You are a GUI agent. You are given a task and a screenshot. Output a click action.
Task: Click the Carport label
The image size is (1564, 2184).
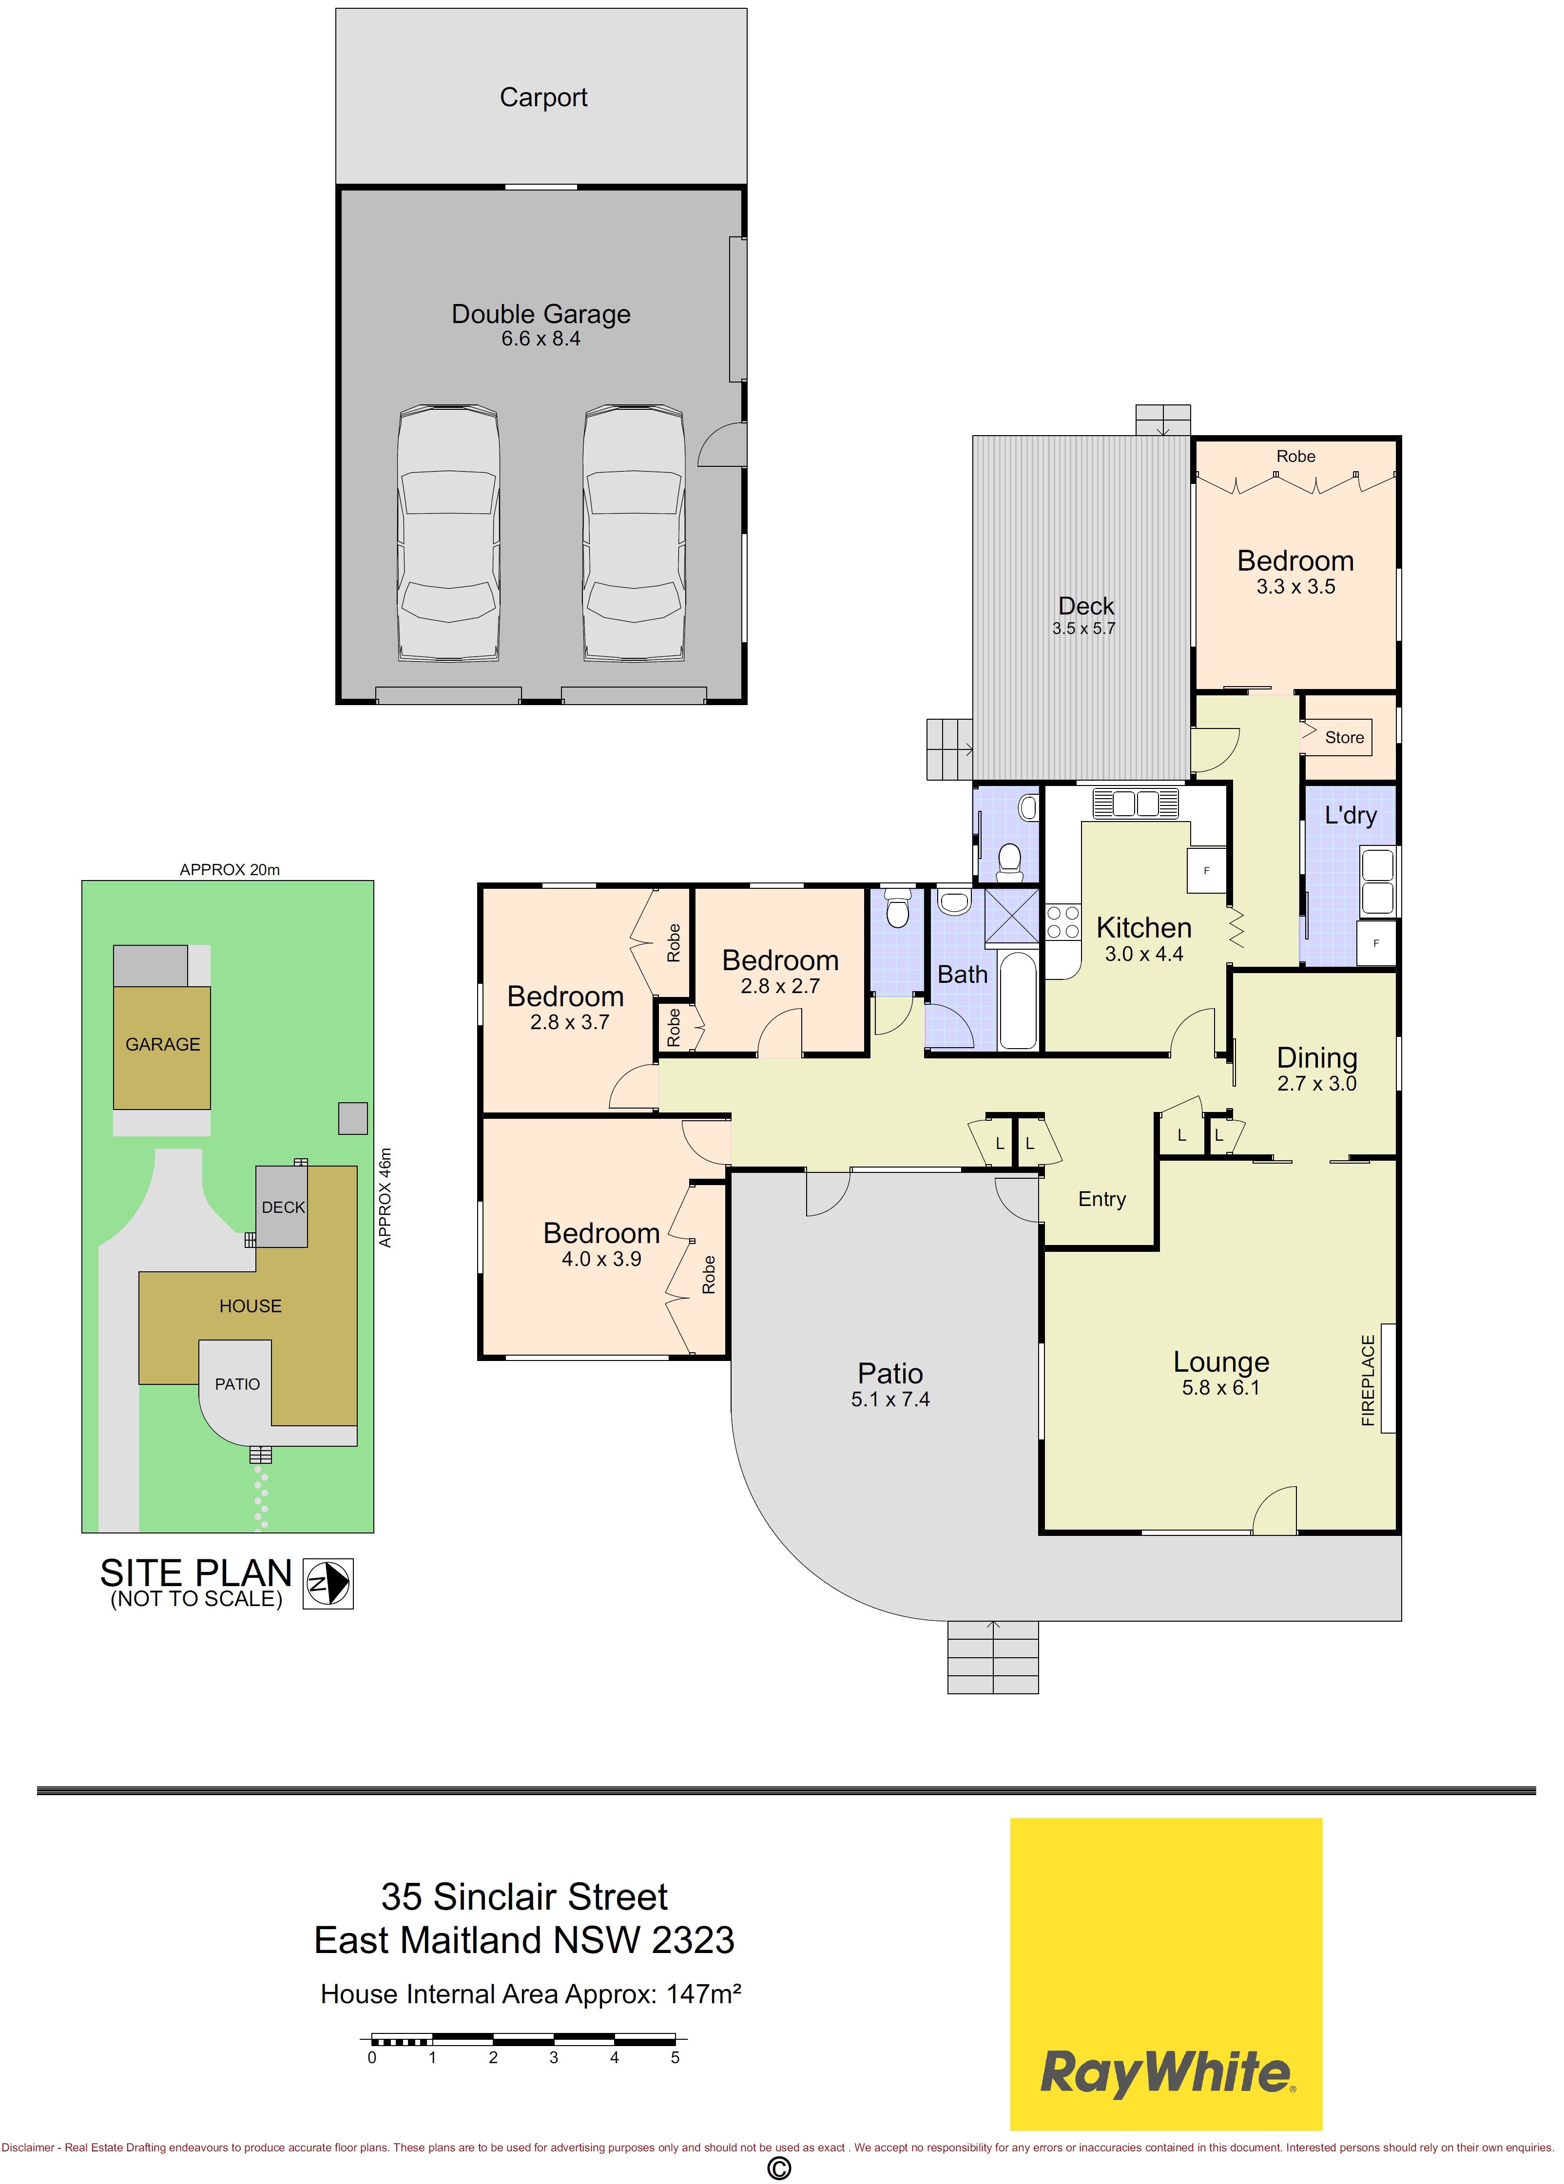point(543,97)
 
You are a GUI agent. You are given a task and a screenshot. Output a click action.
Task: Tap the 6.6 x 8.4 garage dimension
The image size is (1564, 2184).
point(541,339)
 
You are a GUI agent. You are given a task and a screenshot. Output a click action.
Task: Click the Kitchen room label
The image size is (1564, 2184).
point(1144,927)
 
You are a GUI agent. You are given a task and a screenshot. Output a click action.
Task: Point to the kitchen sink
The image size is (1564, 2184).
point(1136,802)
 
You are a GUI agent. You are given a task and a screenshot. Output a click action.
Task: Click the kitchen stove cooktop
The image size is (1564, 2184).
point(1063,921)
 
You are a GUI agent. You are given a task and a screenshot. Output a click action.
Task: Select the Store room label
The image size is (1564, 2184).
point(1344,738)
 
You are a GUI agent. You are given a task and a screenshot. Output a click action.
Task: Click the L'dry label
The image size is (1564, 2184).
point(1350,816)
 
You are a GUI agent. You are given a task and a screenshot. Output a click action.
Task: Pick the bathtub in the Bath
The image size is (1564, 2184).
point(1018,999)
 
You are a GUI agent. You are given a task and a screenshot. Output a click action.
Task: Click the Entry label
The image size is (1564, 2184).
point(1102,1199)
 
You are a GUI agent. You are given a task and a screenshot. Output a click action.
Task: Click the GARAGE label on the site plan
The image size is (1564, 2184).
point(163,1045)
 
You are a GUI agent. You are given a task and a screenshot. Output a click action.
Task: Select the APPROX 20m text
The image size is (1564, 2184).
point(230,869)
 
